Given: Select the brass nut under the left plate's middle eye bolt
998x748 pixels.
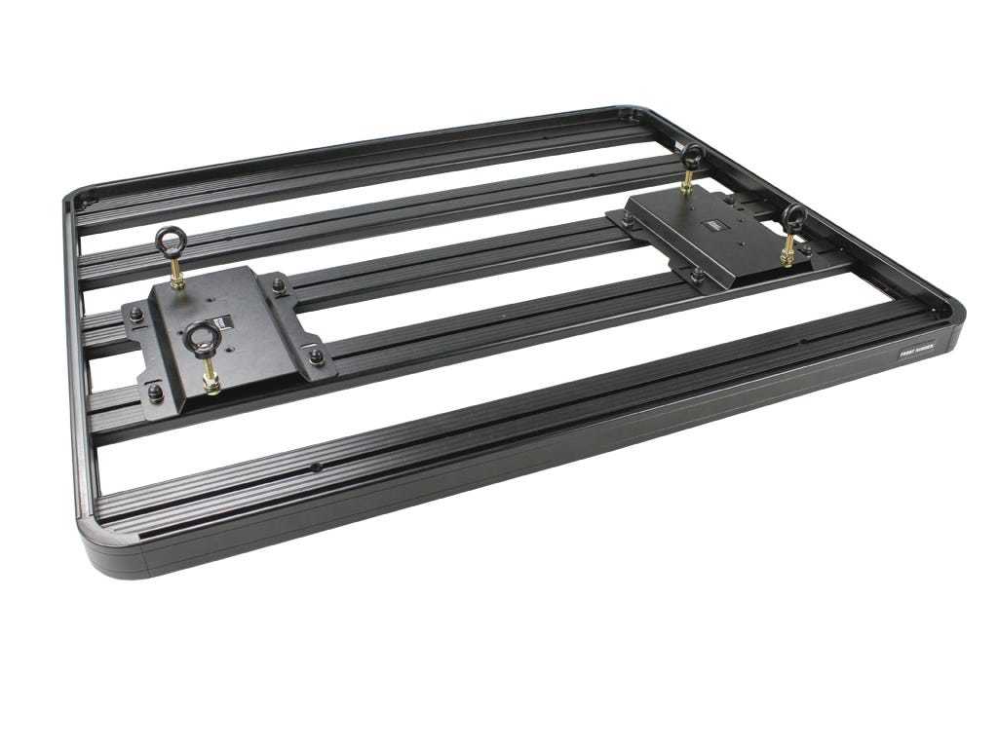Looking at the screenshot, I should pos(211,383).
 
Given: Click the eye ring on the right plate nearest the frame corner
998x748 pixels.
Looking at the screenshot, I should pos(794,217).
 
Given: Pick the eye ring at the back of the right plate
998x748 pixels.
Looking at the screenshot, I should pos(694,156).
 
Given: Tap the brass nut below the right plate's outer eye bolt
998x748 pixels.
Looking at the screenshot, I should pos(786,257).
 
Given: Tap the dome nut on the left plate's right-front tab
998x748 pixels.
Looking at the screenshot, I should pos(316,357).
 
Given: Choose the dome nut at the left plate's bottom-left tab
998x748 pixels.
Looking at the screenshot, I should pos(156,393).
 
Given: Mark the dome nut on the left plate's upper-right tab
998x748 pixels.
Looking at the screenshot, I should pos(280,285).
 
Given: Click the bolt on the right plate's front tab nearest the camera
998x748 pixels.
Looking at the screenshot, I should pos(698,276).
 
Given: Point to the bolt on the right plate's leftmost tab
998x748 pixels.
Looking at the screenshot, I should pos(627,223).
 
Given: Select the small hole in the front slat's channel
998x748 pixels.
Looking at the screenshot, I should pos(317,467).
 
